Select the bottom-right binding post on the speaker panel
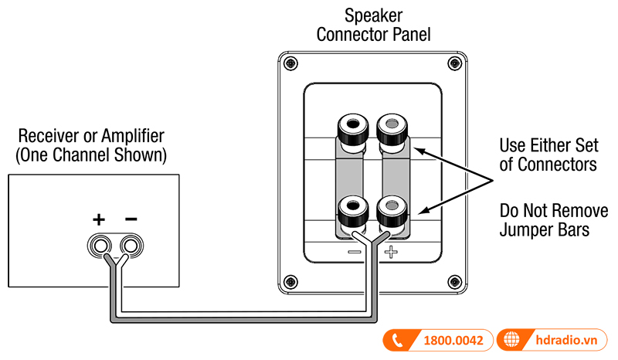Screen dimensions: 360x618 click(x=392, y=209)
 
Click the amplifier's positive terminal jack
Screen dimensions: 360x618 click(x=100, y=246)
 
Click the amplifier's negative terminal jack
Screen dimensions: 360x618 click(x=131, y=246)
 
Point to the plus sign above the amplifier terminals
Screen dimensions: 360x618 click(x=99, y=219)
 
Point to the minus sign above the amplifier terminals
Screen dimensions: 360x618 click(x=131, y=219)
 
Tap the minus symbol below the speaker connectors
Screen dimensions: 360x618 click(x=354, y=253)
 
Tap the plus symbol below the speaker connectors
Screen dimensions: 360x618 click(x=392, y=253)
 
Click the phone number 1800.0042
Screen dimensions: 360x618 click(x=453, y=340)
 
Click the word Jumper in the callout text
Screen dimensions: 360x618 click(x=526, y=229)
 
